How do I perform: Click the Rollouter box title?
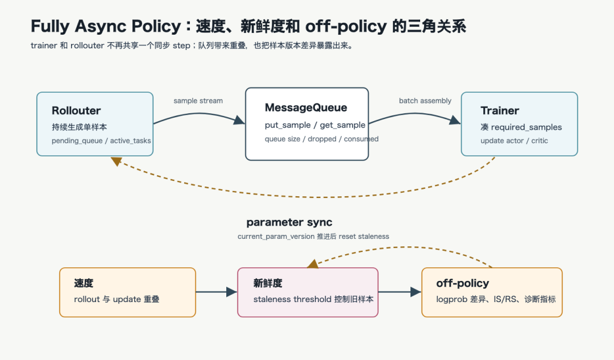pyautogui.click(x=76, y=111)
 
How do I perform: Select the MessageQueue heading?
pyautogui.click(x=306, y=107)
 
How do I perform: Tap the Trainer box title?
pyautogui.click(x=500, y=111)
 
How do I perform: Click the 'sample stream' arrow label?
pyautogui.click(x=198, y=101)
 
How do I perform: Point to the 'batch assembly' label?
pyautogui.click(x=425, y=101)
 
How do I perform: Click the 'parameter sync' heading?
pyautogui.click(x=289, y=222)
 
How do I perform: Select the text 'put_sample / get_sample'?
pyautogui.click(x=315, y=125)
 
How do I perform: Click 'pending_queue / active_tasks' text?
pyautogui.click(x=101, y=140)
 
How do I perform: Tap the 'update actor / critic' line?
pyautogui.click(x=514, y=140)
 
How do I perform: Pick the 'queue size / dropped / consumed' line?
pyautogui.click(x=321, y=139)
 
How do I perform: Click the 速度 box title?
pyautogui.click(x=84, y=283)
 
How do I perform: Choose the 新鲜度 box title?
pyautogui.click(x=268, y=283)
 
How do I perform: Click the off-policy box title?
pyautogui.click(x=462, y=283)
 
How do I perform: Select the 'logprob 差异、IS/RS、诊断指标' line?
pyautogui.click(x=496, y=299)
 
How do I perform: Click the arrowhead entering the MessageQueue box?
pyautogui.click(x=239, y=120)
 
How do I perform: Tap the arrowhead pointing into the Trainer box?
pyautogui.click(x=455, y=120)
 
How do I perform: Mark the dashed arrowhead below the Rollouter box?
pyautogui.click(x=117, y=161)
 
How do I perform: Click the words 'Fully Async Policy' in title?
pyautogui.click(x=106, y=27)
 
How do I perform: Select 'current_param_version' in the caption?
pyautogui.click(x=276, y=237)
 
